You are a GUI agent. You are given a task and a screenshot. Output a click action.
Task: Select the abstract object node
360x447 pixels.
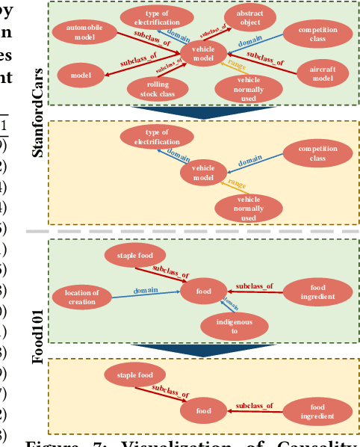pyautogui.click(x=249, y=19)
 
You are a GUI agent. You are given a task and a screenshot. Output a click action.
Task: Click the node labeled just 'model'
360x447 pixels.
pyautogui.click(x=81, y=75)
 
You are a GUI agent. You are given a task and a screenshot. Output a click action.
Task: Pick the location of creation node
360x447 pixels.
pyautogui.click(x=81, y=297)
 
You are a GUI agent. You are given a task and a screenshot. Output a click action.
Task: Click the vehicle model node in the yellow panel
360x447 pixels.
pyautogui.click(x=203, y=173)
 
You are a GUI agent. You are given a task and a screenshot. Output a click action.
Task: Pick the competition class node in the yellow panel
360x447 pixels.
pyautogui.click(x=317, y=154)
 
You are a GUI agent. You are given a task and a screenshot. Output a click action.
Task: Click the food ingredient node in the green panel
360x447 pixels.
pyautogui.click(x=317, y=292)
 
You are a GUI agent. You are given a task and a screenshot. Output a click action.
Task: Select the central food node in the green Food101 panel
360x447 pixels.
pyautogui.click(x=203, y=292)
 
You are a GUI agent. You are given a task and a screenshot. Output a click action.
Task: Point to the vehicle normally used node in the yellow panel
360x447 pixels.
pyautogui.click(x=249, y=208)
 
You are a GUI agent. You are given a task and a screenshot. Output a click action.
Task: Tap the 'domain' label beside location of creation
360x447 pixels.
pyautogui.click(x=146, y=290)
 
